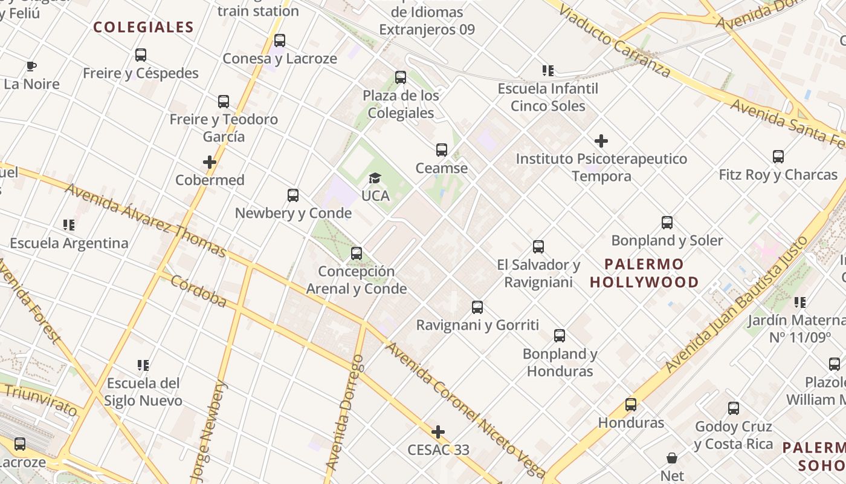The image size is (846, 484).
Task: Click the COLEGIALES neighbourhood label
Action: click(x=143, y=27)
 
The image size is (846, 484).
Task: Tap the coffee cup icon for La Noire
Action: click(x=31, y=67)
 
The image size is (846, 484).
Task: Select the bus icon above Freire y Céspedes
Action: click(x=141, y=55)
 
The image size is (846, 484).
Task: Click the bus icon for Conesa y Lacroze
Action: click(x=280, y=41)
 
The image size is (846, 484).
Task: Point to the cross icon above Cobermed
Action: click(x=210, y=162)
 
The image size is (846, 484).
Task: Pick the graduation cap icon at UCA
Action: click(x=375, y=178)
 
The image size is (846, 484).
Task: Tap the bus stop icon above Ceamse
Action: click(x=442, y=150)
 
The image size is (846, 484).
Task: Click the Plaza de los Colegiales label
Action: click(x=401, y=104)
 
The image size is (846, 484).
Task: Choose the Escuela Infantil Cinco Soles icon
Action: click(x=548, y=71)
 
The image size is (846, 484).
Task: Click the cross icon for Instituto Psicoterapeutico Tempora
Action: click(x=601, y=142)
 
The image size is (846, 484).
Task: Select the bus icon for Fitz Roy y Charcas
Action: click(x=778, y=157)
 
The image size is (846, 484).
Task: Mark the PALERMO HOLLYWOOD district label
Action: click(x=644, y=273)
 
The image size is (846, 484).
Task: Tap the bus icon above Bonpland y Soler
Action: click(x=667, y=223)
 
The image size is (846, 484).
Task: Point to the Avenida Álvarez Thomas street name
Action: click(x=145, y=220)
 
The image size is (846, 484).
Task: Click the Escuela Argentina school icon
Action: click(x=69, y=225)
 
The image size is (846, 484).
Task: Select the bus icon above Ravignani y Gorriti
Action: click(x=477, y=307)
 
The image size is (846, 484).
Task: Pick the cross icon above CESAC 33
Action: click(x=438, y=432)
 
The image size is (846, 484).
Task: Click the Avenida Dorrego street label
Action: click(x=345, y=413)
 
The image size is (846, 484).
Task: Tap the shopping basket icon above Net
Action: click(x=672, y=458)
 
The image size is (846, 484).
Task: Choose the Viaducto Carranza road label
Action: click(x=614, y=41)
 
